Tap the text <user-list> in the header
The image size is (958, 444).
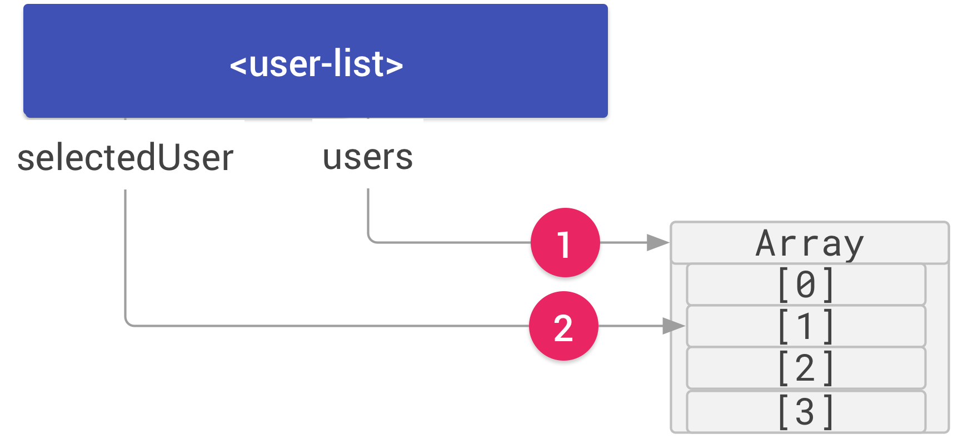(x=316, y=64)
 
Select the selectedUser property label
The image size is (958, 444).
(x=125, y=157)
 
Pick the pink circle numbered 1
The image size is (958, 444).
(x=565, y=243)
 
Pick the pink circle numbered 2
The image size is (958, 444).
(x=563, y=326)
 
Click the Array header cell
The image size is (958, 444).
(x=809, y=243)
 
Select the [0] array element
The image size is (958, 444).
(x=806, y=285)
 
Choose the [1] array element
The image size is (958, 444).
(x=806, y=326)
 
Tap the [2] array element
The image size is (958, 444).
(x=806, y=368)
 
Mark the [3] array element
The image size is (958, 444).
(x=806, y=412)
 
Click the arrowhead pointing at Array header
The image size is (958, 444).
(x=658, y=243)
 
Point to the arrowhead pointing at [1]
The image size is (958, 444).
(x=673, y=326)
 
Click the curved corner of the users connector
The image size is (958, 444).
(x=370, y=240)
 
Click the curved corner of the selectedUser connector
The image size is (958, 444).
(x=128, y=323)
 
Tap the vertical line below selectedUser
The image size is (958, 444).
(x=125, y=256)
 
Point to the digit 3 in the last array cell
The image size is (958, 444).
(x=805, y=412)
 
